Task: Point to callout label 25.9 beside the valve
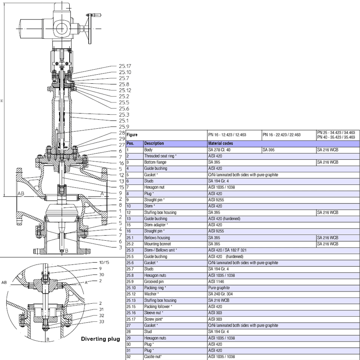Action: (125, 126)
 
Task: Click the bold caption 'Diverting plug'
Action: (100, 338)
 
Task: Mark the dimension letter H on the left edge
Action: (3, 101)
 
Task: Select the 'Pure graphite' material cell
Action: (219, 288)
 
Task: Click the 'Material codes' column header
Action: (220, 143)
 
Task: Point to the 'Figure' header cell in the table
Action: (132, 134)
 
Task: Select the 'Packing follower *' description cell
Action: (158, 306)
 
